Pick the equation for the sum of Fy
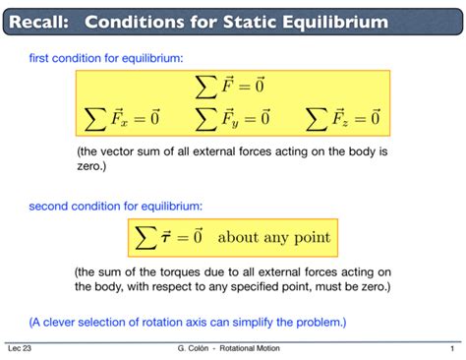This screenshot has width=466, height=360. click(x=232, y=121)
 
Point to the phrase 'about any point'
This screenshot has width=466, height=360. click(x=273, y=238)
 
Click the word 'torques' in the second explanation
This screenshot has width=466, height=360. click(x=181, y=272)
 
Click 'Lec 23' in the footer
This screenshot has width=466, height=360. click(x=19, y=348)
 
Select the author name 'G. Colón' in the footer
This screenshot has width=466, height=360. click(x=192, y=348)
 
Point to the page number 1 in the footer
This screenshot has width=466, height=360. click(x=449, y=348)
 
